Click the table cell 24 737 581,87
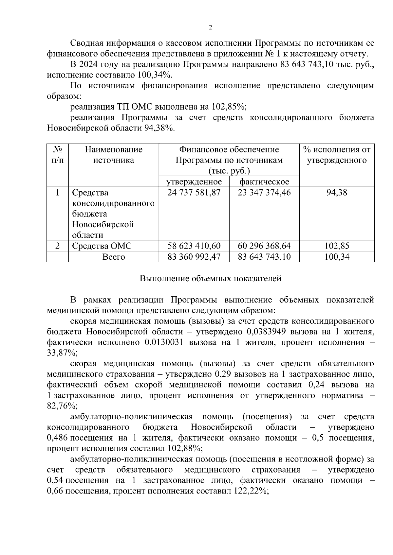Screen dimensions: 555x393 click(194, 193)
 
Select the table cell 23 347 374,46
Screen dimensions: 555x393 click(264, 193)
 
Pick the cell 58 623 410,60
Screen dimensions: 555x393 click(194, 246)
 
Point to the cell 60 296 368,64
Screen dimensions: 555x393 click(264, 246)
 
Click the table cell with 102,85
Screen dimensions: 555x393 click(337, 246)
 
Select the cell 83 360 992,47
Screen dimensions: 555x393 click(194, 257)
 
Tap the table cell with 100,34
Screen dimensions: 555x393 click(337, 257)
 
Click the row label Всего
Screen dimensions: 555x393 click(113, 257)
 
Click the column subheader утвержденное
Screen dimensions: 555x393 click(194, 182)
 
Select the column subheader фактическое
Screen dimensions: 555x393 click(264, 182)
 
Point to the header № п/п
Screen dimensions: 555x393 click(58, 155)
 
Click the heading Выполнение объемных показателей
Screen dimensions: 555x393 click(210, 279)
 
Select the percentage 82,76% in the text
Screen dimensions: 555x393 click(62, 406)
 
